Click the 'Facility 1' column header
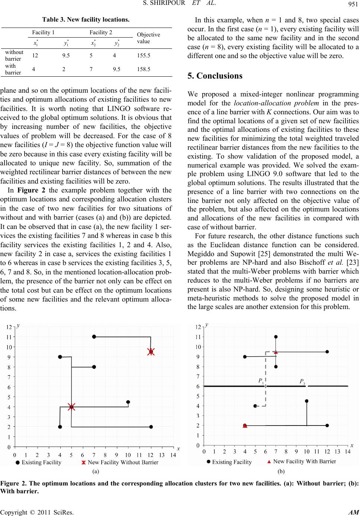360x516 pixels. click(x=43, y=32)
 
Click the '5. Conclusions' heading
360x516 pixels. click(x=215, y=76)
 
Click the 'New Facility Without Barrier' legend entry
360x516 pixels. click(x=119, y=462)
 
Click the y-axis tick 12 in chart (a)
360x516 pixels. click(x=8, y=327)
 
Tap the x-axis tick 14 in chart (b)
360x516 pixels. click(x=347, y=452)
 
